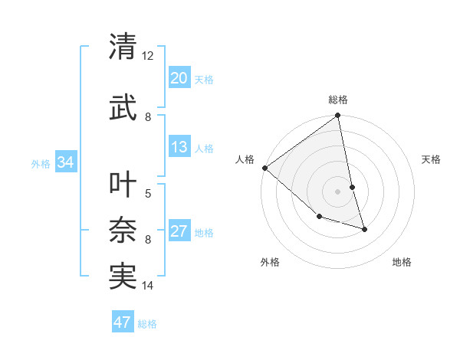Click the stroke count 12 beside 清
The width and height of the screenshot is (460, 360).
pyautogui.click(x=148, y=56)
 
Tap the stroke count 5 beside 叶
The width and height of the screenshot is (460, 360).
pyautogui.click(x=148, y=193)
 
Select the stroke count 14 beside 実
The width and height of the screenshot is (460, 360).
pyautogui.click(x=148, y=286)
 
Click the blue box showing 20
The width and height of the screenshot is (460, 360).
pyautogui.click(x=179, y=78)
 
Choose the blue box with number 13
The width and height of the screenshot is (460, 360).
pyautogui.click(x=179, y=147)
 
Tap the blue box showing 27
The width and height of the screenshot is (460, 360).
pyautogui.click(x=179, y=231)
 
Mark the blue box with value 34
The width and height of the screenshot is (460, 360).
pyautogui.click(x=65, y=162)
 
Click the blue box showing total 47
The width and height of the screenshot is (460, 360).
pyautogui.click(x=123, y=322)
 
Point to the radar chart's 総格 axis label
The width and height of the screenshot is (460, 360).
pyautogui.click(x=338, y=100)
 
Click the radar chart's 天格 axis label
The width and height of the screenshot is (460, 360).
pyautogui.click(x=431, y=159)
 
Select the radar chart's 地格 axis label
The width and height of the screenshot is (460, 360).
pyautogui.click(x=402, y=262)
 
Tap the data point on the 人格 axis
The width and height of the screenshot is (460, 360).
pyautogui.click(x=264, y=168)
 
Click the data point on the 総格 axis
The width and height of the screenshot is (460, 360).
pyautogui.click(x=338, y=116)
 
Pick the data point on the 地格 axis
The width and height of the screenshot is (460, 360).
pyautogui.click(x=364, y=229)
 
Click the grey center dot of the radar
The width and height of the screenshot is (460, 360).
pyautogui.click(x=338, y=191)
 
